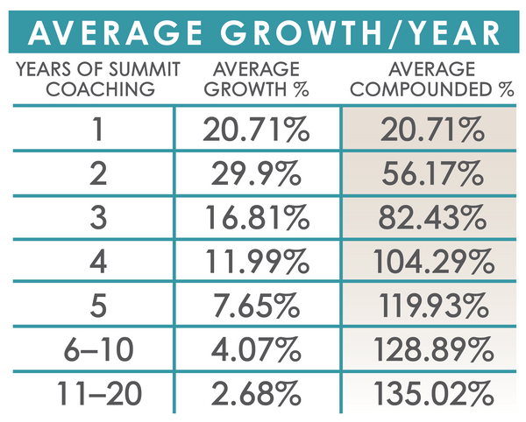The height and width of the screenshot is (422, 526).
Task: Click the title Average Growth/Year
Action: pyautogui.click(x=263, y=32)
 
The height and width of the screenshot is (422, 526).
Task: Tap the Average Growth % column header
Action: pyautogui.click(x=257, y=78)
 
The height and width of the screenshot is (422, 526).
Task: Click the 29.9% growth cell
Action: pyautogui.click(x=257, y=174)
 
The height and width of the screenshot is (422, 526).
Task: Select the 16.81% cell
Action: pyautogui.click(x=257, y=217)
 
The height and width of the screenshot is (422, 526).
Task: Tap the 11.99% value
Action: pyautogui.click(x=257, y=261)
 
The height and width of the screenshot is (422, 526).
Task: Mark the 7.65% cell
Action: pyautogui.click(x=257, y=304)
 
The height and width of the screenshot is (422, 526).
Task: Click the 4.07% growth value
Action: pyautogui.click(x=257, y=348)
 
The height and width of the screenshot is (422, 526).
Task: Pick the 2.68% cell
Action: pyautogui.click(x=257, y=390)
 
